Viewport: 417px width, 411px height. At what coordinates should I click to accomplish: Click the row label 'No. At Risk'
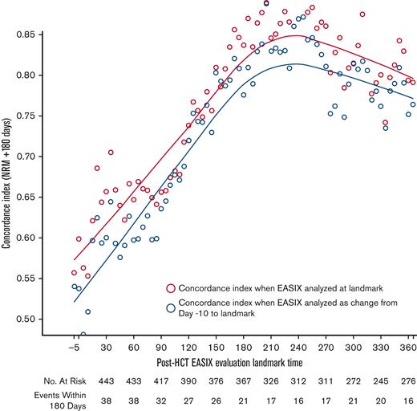pos(30,380)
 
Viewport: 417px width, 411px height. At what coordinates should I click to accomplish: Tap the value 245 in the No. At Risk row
pos(382,380)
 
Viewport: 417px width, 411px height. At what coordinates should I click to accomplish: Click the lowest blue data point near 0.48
pos(83,335)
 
